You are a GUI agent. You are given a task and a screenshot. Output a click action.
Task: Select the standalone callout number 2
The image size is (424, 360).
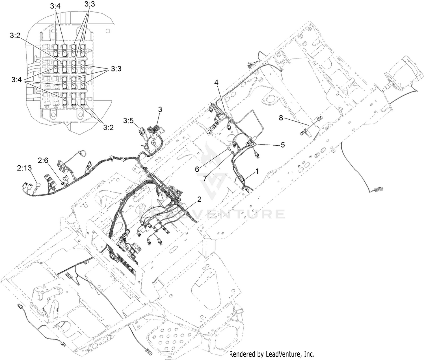pyautogui.click(x=199, y=199)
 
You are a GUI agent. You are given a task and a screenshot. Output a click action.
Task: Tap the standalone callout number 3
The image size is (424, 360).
pyautogui.click(x=160, y=109)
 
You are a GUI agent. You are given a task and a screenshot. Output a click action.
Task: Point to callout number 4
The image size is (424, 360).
pyautogui.click(x=217, y=83)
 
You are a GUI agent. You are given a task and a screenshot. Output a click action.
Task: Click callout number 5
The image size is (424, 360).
pyautogui.click(x=283, y=145)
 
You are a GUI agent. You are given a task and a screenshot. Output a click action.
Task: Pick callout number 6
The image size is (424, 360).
pyautogui.click(x=197, y=169)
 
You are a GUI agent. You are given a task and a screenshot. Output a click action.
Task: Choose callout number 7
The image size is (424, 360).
pyautogui.click(x=205, y=178)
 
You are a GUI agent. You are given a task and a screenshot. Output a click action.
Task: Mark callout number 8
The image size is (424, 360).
pyautogui.click(x=281, y=118)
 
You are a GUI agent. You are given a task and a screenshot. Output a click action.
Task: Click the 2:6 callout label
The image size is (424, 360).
pyautogui.click(x=43, y=161)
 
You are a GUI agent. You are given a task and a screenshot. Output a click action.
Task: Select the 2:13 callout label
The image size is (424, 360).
pyautogui.click(x=24, y=168)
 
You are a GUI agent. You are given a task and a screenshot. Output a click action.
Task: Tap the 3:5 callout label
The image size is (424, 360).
pyautogui.click(x=129, y=121)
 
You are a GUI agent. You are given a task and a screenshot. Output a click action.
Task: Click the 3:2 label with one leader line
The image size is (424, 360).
pyautogui.click(x=15, y=36)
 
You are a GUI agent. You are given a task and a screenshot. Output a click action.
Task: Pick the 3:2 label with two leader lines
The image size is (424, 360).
pyautogui.click(x=109, y=128)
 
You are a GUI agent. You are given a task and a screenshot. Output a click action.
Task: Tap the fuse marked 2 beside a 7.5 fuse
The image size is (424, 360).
pyautogui.click(x=64, y=67)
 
